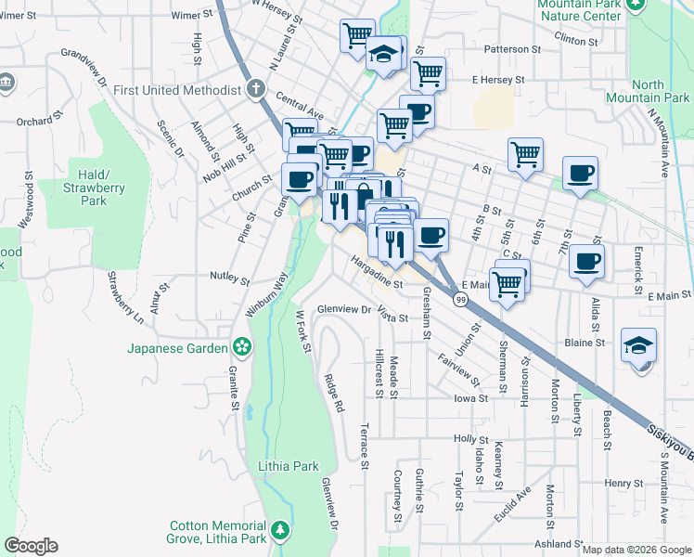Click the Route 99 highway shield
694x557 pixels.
pyautogui.click(x=460, y=299)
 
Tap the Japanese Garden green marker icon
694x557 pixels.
pyautogui.click(x=242, y=348)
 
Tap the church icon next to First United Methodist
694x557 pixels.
pyautogui.click(x=257, y=90)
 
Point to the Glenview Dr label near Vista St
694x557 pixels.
pyautogui.click(x=344, y=309)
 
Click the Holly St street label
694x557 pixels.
pyautogui.click(x=470, y=438)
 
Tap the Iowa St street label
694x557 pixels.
pyautogui.click(x=470, y=398)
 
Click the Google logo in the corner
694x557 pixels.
pyautogui.click(x=31, y=546)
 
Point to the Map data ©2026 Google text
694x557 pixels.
pyautogui.click(x=636, y=550)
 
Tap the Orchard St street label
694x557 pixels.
pyautogui.click(x=38, y=121)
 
